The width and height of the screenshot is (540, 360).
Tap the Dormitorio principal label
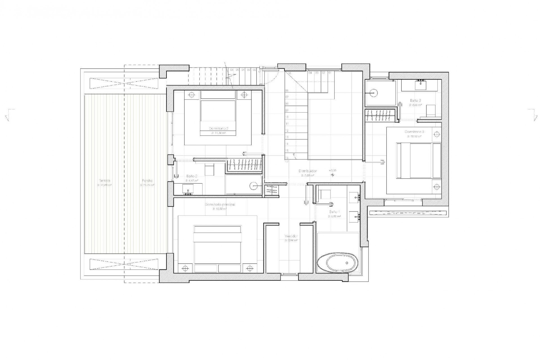coord(220,204)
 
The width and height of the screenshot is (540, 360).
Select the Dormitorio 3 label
coord(414,132)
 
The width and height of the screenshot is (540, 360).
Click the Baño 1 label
coord(334,212)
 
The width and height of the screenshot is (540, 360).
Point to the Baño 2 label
coord(192,176)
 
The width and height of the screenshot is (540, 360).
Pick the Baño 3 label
coord(415,100)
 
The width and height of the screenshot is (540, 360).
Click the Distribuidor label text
coord(308,171)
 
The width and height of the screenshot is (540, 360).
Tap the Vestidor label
coord(291,236)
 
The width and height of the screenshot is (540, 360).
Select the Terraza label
coord(104,181)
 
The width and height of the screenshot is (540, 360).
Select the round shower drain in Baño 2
coord(253,186)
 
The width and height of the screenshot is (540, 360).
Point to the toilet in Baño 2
coord(209,170)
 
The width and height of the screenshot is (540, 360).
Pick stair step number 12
coord(287,130)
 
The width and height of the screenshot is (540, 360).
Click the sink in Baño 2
coord(188,189)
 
